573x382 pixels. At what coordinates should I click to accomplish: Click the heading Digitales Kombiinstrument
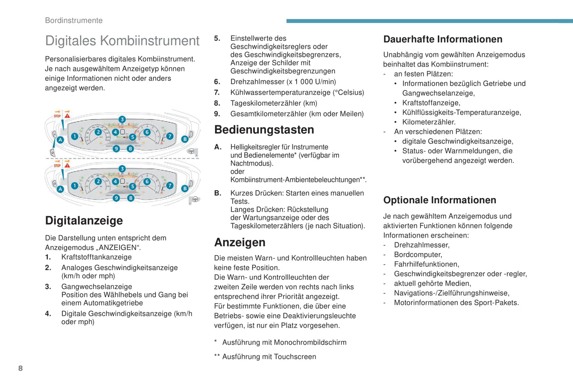pyautogui.click(x=122, y=41)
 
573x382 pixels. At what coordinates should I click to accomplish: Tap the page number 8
pyautogui.click(x=21, y=369)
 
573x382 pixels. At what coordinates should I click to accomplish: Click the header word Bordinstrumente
pyautogui.click(x=74, y=21)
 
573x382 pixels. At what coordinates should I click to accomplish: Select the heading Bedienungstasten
pyautogui.click(x=264, y=130)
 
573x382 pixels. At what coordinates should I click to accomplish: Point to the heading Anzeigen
pyautogui.click(x=240, y=243)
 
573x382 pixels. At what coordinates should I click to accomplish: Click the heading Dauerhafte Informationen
pyautogui.click(x=443, y=39)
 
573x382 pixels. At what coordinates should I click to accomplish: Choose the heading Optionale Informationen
pyautogui.click(x=439, y=200)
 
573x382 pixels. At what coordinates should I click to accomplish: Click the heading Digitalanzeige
pyautogui.click(x=84, y=221)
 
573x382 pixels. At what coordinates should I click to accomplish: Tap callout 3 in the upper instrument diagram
pyautogui.click(x=122, y=119)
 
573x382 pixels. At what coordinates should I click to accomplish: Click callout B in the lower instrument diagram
pyautogui.click(x=185, y=189)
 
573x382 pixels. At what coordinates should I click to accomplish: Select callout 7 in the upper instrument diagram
pyautogui.click(x=170, y=136)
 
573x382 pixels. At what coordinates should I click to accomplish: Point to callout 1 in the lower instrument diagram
pyautogui.click(x=75, y=185)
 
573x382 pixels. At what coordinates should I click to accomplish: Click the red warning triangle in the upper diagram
pyautogui.click(x=67, y=116)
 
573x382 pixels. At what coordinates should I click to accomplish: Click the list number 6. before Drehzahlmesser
pyautogui.click(x=217, y=82)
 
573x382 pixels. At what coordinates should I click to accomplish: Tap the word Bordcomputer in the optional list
pyautogui.click(x=418, y=255)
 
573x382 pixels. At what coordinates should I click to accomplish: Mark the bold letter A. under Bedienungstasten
pyautogui.click(x=218, y=147)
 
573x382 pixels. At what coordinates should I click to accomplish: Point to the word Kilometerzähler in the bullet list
pyautogui.click(x=429, y=122)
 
